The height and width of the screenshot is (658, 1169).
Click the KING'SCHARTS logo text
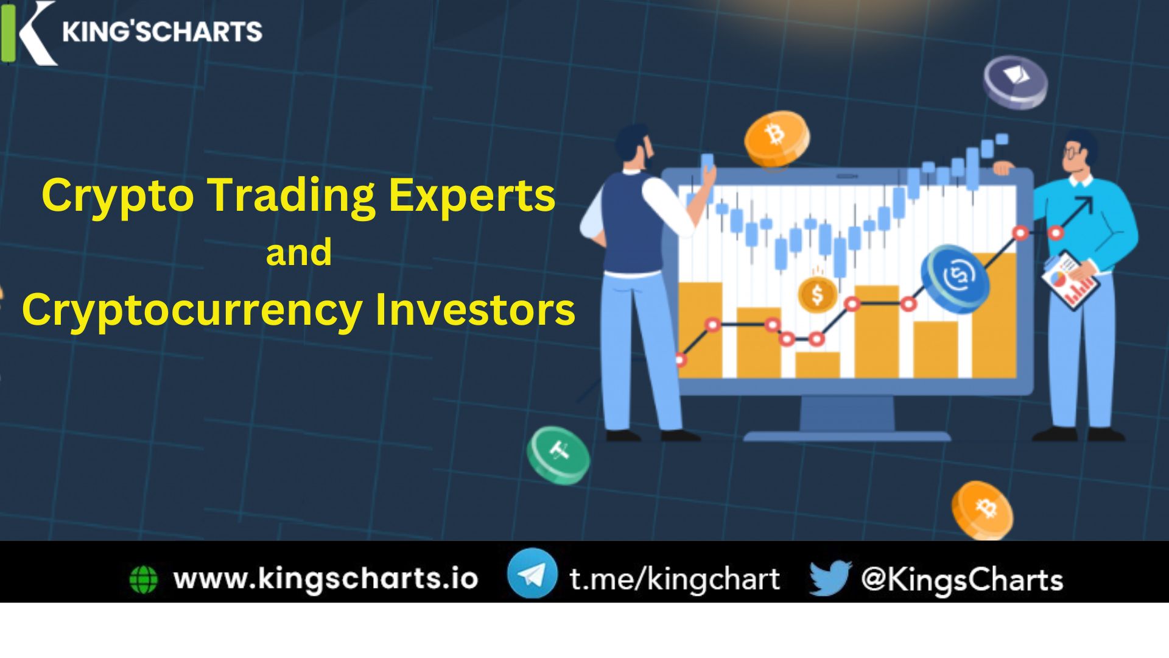(x=162, y=32)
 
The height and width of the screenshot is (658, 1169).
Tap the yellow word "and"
(x=299, y=252)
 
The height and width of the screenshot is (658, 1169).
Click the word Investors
(x=475, y=310)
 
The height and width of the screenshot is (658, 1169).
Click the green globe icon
(x=144, y=579)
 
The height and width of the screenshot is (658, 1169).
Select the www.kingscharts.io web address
(x=326, y=578)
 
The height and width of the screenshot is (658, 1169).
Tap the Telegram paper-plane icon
(x=532, y=573)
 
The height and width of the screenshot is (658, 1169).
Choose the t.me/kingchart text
(x=675, y=579)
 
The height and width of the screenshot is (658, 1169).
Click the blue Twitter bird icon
(x=829, y=577)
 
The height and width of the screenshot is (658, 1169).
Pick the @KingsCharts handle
(x=962, y=579)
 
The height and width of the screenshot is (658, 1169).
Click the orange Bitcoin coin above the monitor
(x=776, y=138)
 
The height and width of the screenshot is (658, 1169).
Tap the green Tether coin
(x=558, y=454)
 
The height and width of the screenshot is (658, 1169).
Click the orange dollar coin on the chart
(x=817, y=294)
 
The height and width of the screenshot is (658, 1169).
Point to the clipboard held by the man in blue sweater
(x=1069, y=281)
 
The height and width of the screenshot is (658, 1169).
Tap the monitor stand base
(x=847, y=436)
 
